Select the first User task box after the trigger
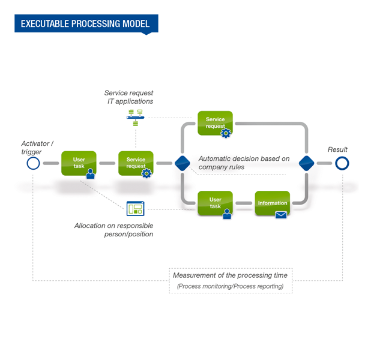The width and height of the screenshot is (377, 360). click(79, 163)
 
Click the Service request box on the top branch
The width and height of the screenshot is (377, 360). click(215, 123)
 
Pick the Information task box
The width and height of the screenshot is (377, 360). click(273, 203)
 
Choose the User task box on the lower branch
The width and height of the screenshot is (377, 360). click(215, 203)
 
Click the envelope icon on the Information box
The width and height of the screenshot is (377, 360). click(281, 215)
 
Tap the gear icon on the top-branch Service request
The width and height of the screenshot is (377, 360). click(226, 133)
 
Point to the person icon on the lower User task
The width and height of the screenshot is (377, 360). click(227, 214)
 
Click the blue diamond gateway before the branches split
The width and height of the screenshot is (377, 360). click(182, 163)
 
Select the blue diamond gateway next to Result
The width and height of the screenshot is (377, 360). click(306, 163)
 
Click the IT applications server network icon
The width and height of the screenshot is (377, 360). click(136, 118)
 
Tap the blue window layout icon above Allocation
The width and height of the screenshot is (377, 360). click(135, 208)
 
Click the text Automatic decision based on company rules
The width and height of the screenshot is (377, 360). click(244, 163)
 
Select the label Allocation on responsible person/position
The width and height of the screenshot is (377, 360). click(113, 230)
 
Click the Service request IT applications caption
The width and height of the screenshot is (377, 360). click(128, 97)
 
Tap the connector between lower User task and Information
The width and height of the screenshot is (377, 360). click(244, 203)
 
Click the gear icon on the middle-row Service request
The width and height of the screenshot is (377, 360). click(146, 173)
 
